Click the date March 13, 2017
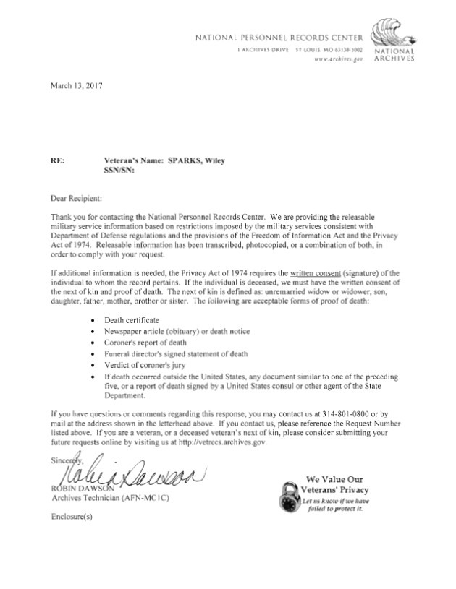76,86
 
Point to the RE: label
56,162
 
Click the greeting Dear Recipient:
76,197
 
